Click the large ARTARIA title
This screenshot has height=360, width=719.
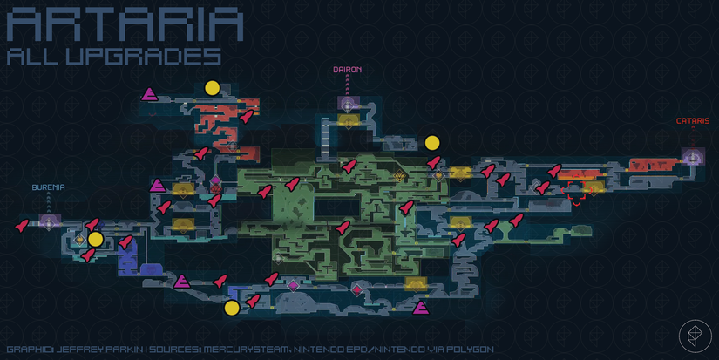(125, 25)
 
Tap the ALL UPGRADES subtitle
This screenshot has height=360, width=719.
(114, 57)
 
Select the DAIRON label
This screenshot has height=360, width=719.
(347, 70)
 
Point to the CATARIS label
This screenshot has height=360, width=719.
(693, 121)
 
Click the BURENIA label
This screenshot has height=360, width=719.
(48, 187)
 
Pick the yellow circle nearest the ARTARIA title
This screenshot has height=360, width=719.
(213, 88)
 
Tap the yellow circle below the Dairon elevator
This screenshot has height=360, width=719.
(432, 143)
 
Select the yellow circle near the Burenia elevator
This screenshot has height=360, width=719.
(95, 240)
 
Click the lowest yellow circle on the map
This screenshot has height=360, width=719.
(232, 309)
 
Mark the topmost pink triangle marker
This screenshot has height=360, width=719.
(150, 94)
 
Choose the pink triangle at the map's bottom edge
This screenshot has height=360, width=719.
(420, 308)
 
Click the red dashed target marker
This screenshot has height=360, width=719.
(576, 190)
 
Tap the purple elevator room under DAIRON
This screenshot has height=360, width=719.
(348, 104)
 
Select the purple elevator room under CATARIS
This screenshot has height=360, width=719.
(693, 156)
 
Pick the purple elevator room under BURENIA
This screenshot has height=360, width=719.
(50, 222)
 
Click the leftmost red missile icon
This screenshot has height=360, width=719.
(22, 225)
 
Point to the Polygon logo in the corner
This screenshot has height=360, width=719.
(695, 336)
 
